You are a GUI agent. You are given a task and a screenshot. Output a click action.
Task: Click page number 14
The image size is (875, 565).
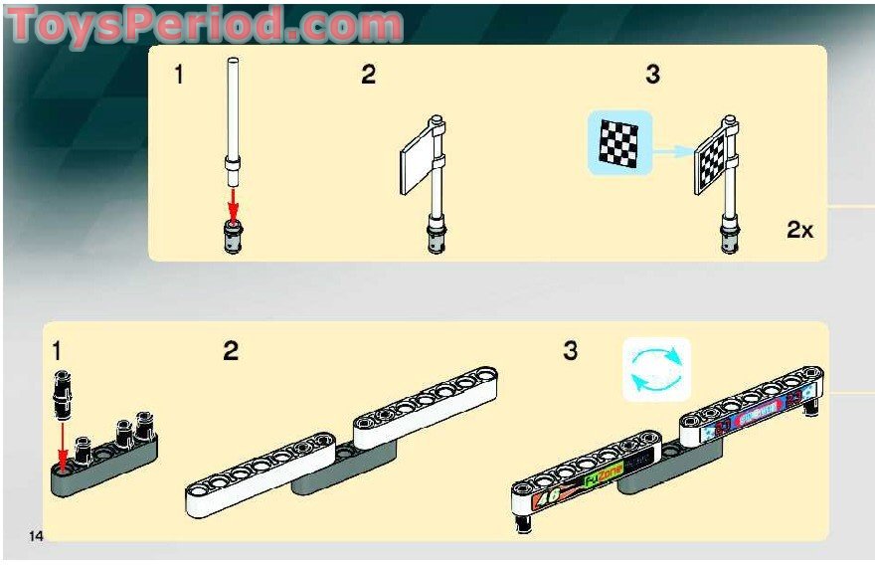pyautogui.click(x=36, y=536)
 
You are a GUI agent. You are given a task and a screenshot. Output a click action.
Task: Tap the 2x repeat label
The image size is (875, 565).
pyautogui.click(x=799, y=230)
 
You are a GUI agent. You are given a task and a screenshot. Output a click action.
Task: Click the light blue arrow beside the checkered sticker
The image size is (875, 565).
pyautogui.click(x=673, y=151)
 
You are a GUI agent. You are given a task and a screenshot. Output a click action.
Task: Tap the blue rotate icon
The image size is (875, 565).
pyautogui.click(x=656, y=369)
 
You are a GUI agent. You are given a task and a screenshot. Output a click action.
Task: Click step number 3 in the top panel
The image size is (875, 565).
pyautogui.click(x=652, y=75)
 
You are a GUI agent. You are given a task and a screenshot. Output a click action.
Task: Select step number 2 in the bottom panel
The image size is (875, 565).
pyautogui.click(x=231, y=351)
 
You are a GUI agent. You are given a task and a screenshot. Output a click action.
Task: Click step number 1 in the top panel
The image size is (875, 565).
pyautogui.click(x=179, y=75)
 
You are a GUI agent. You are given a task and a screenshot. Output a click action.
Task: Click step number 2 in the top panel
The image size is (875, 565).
pyautogui.click(x=368, y=75)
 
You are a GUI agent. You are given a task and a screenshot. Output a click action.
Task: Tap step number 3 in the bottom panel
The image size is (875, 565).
pyautogui.click(x=570, y=351)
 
